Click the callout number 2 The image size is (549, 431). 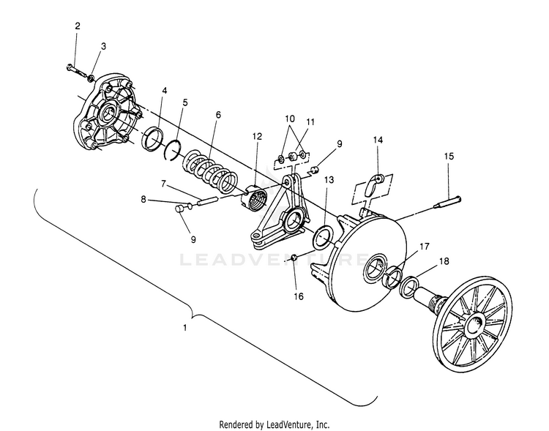click(78, 26)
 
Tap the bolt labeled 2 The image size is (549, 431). click(76, 70)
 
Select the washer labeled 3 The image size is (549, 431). click(91, 78)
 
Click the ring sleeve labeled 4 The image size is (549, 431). click(153, 139)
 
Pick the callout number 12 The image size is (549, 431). click(257, 136)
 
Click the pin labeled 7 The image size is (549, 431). click(209, 202)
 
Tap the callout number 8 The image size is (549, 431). click(143, 199)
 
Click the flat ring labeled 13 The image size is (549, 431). click(323, 238)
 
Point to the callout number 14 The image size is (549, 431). click(378, 140)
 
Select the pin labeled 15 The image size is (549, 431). click(447, 203)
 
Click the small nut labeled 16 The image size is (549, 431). click(294, 258)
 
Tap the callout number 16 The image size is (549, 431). click(299, 296)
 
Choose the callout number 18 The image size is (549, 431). click(444, 261)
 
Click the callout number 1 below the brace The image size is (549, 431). click(185, 328)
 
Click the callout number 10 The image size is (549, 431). click(290, 119)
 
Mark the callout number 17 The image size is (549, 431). click(424, 247)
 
